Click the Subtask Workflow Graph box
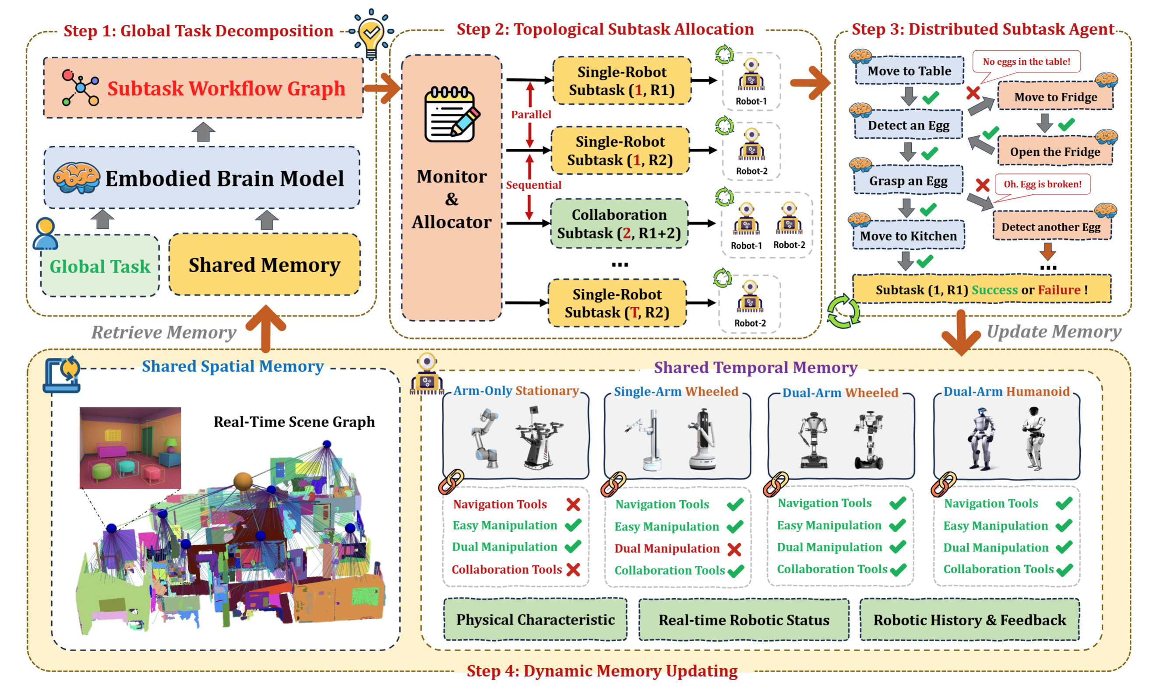pos(203,88)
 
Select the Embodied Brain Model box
pos(202,178)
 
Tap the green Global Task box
pos(100,267)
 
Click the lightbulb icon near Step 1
pos(371,34)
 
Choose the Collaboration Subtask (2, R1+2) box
pos(619,224)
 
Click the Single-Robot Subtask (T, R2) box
pos(617,303)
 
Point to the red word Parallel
pos(531,115)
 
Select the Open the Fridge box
pos(1055,151)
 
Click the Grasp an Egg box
pos(908,181)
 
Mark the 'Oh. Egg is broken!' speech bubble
pos(1042,184)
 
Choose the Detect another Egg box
pos(1051,227)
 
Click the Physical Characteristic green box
pos(535,620)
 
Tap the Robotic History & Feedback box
pos(969,620)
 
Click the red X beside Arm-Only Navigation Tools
pos(573,504)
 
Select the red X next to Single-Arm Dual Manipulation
pos(734,550)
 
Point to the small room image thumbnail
pos(130,448)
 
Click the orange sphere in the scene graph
pos(243,481)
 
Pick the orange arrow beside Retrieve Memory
pos(265,328)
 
